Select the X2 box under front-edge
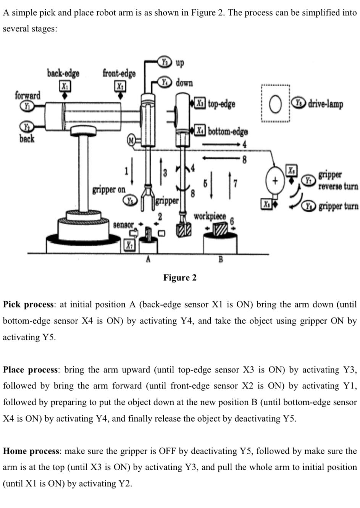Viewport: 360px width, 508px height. click(120, 86)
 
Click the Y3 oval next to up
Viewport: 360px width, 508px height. click(165, 61)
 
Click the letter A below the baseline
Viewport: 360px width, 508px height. click(148, 259)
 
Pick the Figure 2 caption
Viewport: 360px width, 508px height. click(180, 278)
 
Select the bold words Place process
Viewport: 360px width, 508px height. click(31, 370)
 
